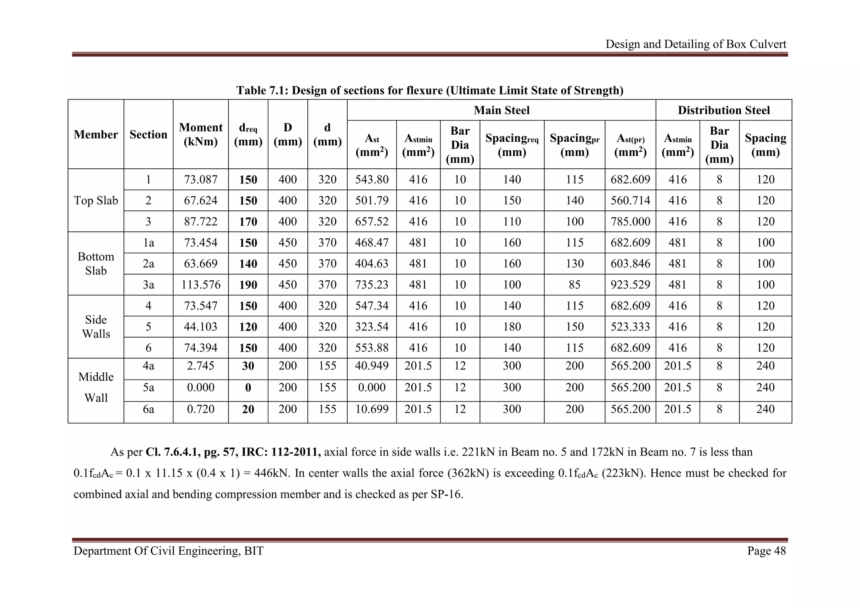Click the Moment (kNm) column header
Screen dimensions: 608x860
(x=201, y=134)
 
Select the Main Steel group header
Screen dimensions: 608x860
(x=501, y=110)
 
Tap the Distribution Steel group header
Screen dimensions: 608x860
(x=724, y=110)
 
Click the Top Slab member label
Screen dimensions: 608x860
(x=96, y=201)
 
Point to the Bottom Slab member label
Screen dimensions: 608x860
(x=96, y=264)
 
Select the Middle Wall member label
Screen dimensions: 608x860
(x=96, y=387)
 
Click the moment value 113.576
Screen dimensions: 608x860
(x=201, y=285)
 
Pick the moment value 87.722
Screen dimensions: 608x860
(x=201, y=222)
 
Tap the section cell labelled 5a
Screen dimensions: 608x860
(x=148, y=387)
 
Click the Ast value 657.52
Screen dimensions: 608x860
(x=372, y=222)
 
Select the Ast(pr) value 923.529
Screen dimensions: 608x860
(x=630, y=285)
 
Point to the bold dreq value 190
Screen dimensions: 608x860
(x=248, y=285)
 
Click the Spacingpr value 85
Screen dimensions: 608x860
(x=574, y=285)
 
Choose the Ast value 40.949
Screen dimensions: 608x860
(x=372, y=366)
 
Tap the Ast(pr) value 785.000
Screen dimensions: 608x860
(x=630, y=222)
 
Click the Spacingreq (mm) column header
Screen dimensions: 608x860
(x=512, y=144)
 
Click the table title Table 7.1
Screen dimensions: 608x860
(x=430, y=90)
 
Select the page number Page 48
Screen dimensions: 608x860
(x=766, y=551)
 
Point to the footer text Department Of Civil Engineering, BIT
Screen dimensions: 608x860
(x=168, y=551)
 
